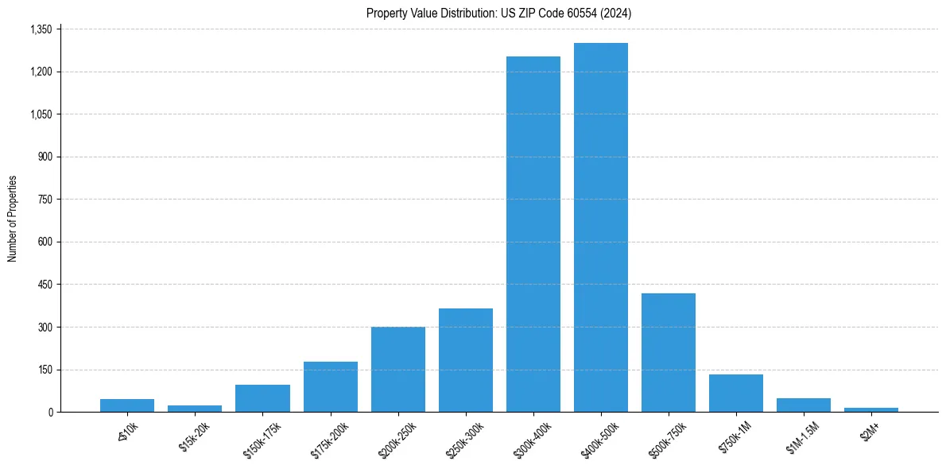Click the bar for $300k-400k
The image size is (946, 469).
533,234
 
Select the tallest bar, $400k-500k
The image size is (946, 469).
601,227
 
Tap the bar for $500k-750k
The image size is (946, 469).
669,352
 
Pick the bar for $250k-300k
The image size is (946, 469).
466,360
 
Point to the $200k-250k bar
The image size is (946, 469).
398,370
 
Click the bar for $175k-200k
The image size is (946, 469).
331,387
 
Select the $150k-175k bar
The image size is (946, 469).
262,398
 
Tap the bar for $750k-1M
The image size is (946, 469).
736,393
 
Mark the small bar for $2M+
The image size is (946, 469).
871,409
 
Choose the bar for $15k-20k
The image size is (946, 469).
195,409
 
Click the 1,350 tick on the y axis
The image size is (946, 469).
40,29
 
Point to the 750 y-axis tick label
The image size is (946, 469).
45,200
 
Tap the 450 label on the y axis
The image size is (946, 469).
45,285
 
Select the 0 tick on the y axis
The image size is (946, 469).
50,413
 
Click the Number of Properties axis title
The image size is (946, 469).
12,219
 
